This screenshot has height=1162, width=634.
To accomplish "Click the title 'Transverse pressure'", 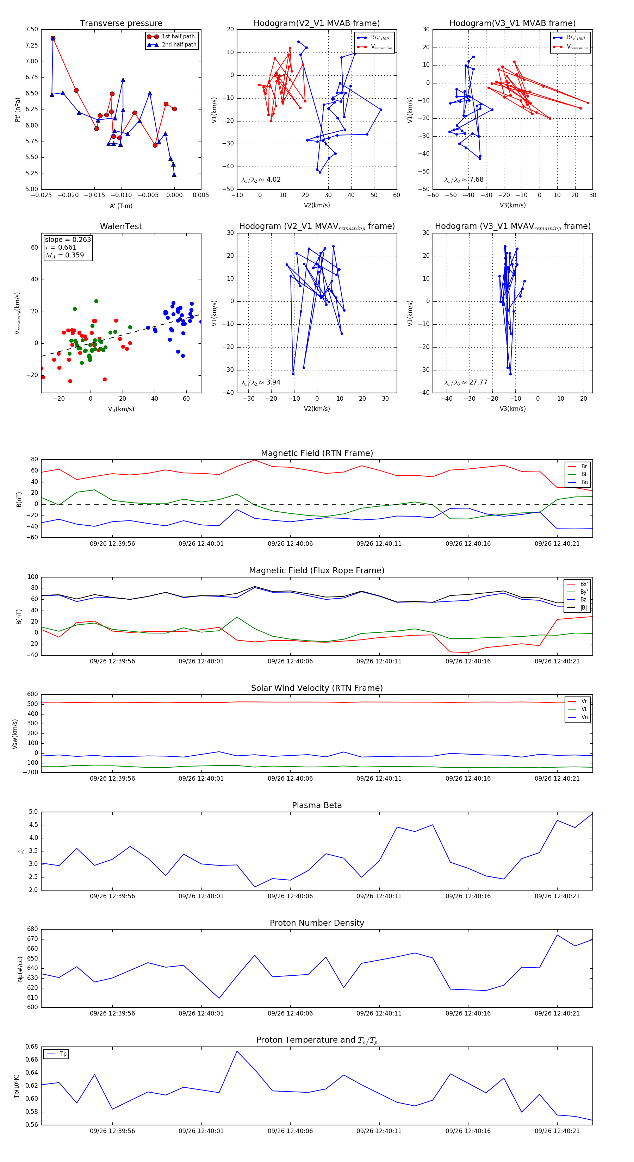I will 121,24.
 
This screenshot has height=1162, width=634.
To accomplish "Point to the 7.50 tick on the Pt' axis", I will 32,29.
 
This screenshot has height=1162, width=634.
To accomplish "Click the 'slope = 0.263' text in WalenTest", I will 68,239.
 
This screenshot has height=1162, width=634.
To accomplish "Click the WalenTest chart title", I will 121,226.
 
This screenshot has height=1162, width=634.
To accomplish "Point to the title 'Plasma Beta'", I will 317,806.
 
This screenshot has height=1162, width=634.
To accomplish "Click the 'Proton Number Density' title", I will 317,923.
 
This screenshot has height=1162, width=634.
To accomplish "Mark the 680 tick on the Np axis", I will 32,929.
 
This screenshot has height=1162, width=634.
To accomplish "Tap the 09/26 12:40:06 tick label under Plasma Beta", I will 290,896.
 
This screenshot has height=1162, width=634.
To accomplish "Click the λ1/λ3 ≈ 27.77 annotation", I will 466,382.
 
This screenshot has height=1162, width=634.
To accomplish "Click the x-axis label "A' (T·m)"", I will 121,206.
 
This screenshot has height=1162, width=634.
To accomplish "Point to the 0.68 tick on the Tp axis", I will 32,1047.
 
